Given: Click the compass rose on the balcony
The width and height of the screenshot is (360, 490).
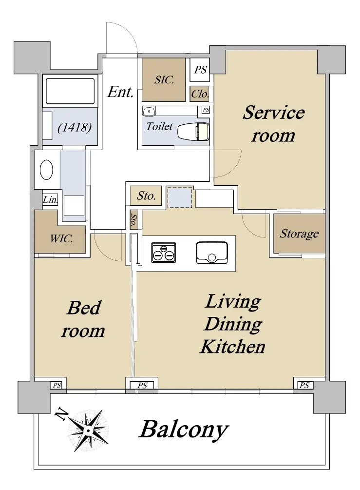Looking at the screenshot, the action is tap(88, 431).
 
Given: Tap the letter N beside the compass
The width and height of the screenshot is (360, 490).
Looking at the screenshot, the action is tap(61, 414).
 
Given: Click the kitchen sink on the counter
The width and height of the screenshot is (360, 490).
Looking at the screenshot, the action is tap(212, 253).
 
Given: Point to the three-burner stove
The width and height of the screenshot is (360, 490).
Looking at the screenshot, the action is tap(164, 252).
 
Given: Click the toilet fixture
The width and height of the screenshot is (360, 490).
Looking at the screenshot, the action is tap(193, 131).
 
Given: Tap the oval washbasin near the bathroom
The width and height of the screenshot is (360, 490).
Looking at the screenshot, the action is tap(46, 170).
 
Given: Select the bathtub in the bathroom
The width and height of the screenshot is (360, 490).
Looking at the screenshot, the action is tap(70, 91).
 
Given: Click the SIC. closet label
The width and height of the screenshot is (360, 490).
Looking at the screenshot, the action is tap(164, 79).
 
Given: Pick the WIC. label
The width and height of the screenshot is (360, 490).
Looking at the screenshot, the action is tap(61, 239).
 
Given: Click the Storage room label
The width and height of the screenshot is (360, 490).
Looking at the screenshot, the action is tap(299, 234).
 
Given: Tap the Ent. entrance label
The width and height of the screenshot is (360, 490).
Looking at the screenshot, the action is tap(120, 92).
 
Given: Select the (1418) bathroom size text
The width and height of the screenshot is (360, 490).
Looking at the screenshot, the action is tap(75, 128).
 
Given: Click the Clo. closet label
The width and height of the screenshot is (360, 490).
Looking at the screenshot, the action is tap(200, 94).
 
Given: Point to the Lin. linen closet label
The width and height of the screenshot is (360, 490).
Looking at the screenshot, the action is tap(50, 200).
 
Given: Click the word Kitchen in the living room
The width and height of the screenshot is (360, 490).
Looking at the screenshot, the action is tap(232, 347).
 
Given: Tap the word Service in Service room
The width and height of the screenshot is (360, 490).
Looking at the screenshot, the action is tap(273, 112).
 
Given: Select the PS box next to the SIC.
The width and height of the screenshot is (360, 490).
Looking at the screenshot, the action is tap(200, 69).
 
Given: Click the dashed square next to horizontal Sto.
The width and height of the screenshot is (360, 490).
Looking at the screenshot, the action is tap(180, 197).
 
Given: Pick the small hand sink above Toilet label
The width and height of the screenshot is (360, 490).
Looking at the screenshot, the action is tap(150, 111).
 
